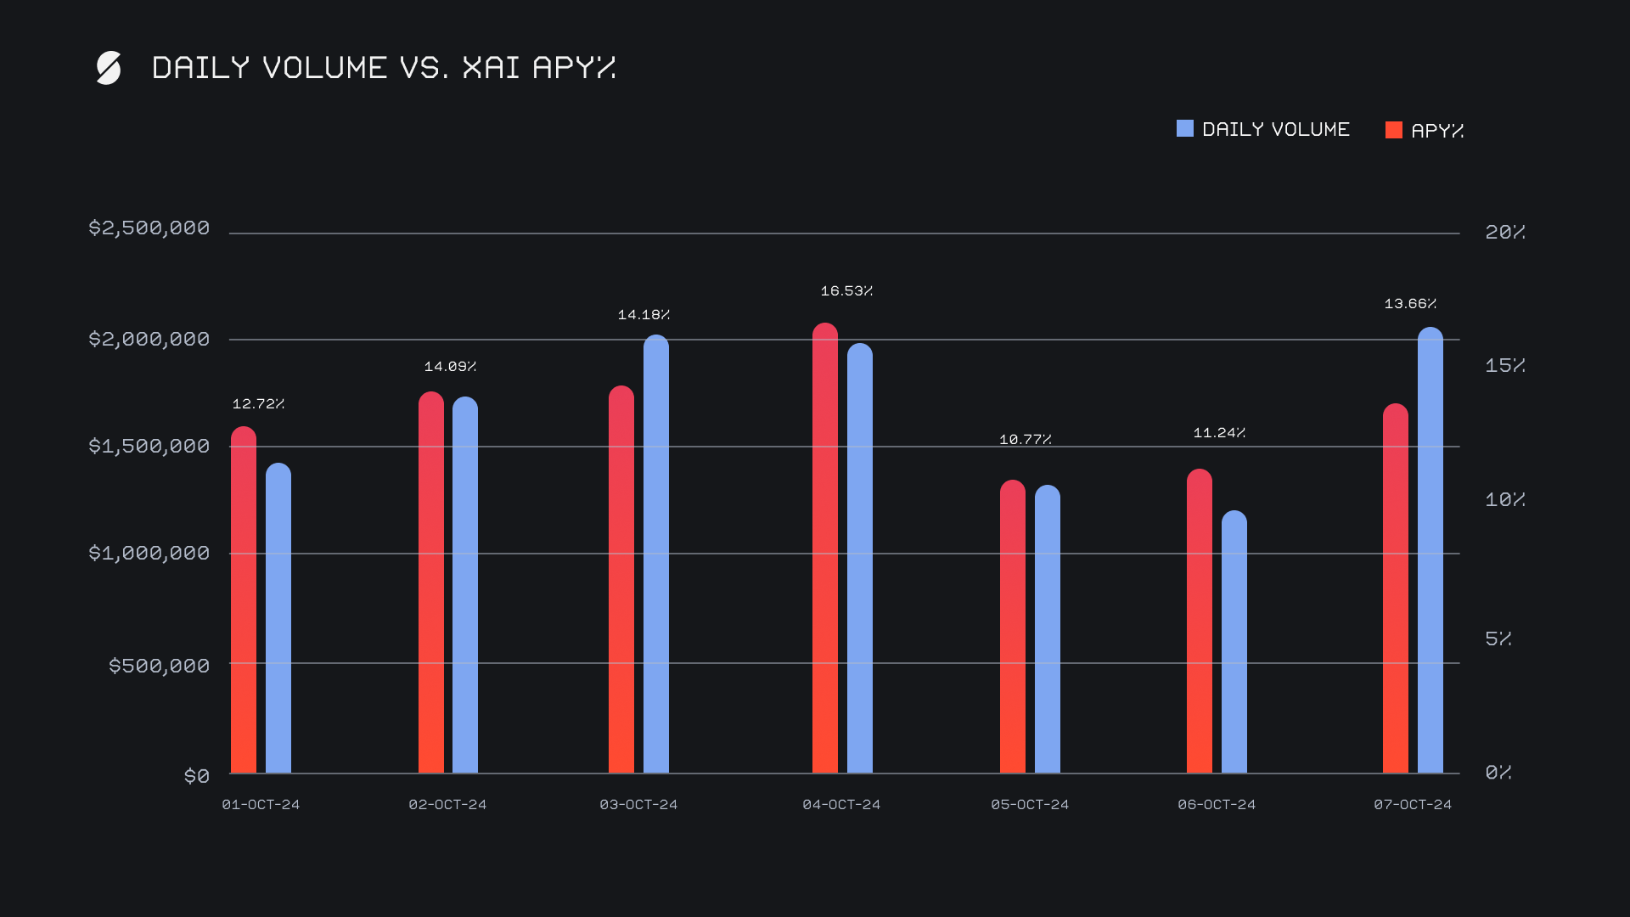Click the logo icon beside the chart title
[109, 68]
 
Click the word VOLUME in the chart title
[324, 68]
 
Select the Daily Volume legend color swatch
[1184, 129]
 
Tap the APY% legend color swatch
[1393, 130]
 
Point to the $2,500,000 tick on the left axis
[149, 228]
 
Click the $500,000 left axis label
[159, 666]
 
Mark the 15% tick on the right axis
[1504, 366]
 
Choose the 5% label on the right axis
[1498, 639]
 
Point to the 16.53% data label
[846, 291]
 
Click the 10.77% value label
[1026, 440]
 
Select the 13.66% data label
[1410, 304]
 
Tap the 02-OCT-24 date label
[447, 805]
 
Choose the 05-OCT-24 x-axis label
[1030, 805]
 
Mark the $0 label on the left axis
[197, 776]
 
